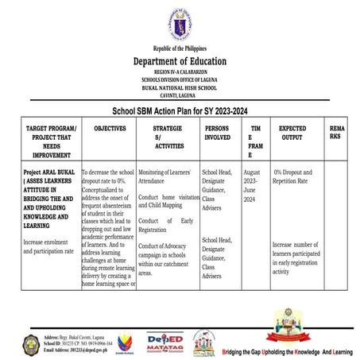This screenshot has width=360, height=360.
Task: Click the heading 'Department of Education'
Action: click(180, 61)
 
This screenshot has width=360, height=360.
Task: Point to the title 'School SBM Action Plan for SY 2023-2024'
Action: click(180, 112)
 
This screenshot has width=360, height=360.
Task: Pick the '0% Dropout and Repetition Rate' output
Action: click(294, 176)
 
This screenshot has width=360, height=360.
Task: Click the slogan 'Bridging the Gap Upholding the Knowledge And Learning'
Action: click(287, 350)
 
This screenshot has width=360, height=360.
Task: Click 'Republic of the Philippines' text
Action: click(180, 48)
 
